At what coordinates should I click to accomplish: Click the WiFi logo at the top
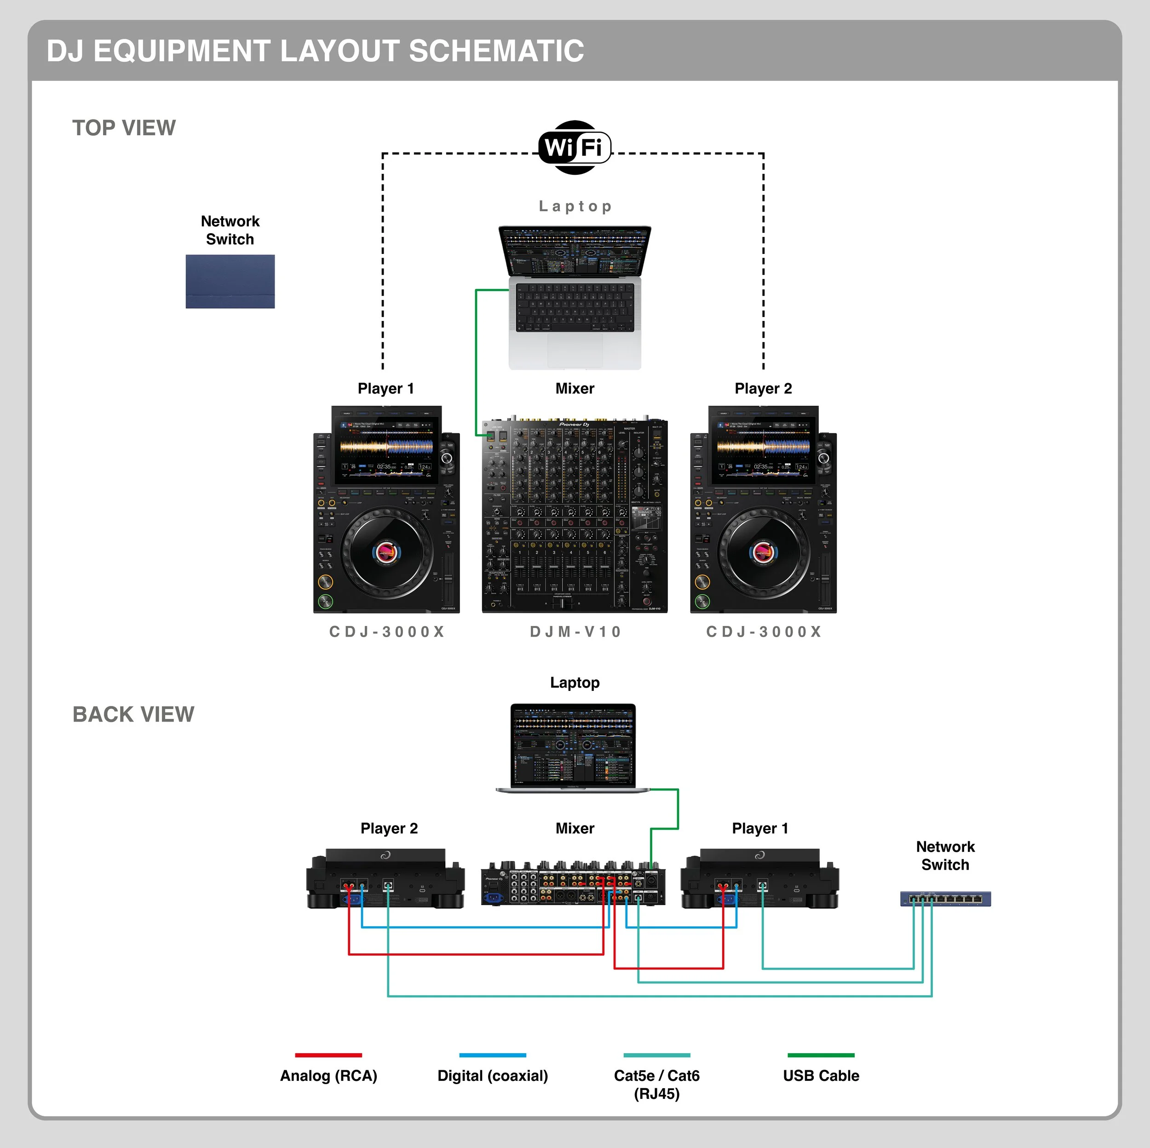click(575, 147)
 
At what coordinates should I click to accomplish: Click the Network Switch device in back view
click(945, 898)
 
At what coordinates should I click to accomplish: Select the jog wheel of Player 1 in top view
click(386, 552)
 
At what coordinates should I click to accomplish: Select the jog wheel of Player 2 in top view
click(764, 552)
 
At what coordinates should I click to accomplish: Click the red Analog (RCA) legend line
click(328, 1055)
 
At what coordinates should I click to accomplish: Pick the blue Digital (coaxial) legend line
click(492, 1055)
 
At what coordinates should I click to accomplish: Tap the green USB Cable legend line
click(821, 1055)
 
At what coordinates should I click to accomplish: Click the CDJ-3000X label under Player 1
click(387, 631)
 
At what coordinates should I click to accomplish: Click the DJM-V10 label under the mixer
click(575, 631)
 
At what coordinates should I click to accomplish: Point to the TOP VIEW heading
click(124, 128)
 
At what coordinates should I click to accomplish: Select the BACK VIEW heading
click(133, 714)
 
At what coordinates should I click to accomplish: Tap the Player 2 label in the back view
click(389, 828)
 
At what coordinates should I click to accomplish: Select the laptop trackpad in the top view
click(575, 350)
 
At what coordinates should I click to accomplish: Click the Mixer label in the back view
click(575, 828)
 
